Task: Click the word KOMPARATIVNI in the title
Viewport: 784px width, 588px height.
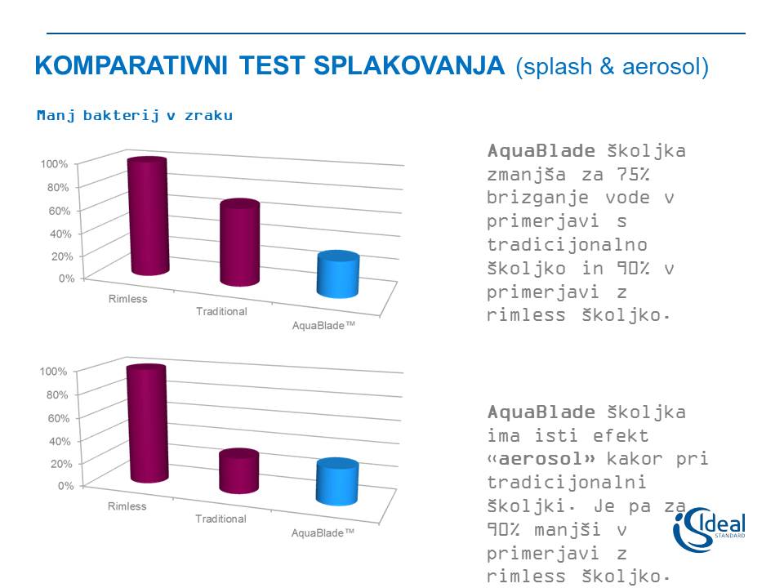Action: tap(131, 65)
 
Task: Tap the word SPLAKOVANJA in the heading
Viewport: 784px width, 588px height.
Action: tap(409, 65)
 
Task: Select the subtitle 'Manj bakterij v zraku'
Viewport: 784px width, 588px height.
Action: tap(135, 115)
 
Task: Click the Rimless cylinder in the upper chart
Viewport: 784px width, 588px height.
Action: tap(148, 216)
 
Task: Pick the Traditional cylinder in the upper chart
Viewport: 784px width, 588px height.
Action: tap(240, 243)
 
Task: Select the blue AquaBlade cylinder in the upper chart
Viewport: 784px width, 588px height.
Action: tap(338, 274)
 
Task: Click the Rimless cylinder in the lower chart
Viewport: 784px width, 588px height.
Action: tap(147, 424)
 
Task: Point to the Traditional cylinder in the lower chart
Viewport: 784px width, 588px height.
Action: tap(239, 471)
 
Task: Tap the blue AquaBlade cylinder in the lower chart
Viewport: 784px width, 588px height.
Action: tap(337, 482)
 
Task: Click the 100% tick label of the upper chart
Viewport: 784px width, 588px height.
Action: tap(54, 164)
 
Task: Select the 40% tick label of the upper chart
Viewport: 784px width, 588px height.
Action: tap(60, 234)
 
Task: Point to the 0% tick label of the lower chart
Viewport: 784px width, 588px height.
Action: tap(66, 485)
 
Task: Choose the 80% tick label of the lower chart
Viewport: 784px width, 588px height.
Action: tap(57, 394)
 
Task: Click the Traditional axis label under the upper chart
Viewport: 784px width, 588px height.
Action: tap(221, 311)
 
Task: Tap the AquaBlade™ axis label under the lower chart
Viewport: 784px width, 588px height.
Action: tap(323, 532)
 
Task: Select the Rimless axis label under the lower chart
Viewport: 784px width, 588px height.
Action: tap(127, 506)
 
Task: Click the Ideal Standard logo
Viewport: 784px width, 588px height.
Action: tap(709, 529)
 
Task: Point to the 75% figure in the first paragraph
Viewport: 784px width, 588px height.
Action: tap(632, 175)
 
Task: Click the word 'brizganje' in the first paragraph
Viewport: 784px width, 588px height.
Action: tap(537, 198)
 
